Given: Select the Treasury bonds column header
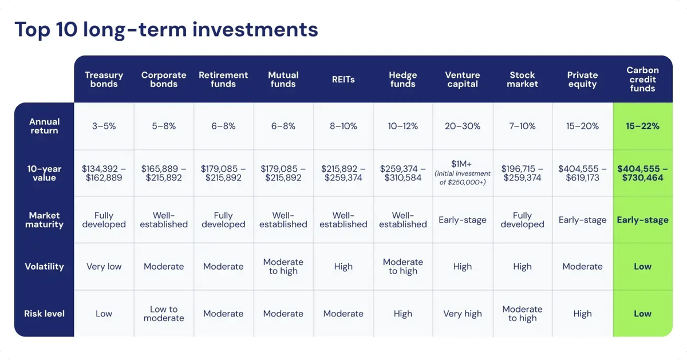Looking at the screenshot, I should [104, 80].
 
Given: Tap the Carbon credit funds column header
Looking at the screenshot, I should [642, 80].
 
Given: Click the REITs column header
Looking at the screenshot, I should [343, 80].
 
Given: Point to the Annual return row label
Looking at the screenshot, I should [44, 126].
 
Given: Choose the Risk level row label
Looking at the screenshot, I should [44, 314].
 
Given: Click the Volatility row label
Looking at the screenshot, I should [44, 267].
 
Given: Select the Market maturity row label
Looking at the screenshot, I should [44, 220].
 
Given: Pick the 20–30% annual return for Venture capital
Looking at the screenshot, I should [462, 126].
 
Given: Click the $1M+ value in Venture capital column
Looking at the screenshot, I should [462, 164].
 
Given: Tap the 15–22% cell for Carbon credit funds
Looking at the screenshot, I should [642, 126].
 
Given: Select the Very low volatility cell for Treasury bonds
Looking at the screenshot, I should [104, 267].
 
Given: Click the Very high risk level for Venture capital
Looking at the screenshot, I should [462, 314].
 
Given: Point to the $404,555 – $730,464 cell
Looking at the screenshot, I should [642, 173].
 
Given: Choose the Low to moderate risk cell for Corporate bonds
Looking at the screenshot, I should [164, 314].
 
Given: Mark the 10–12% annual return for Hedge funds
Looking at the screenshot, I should [402, 126].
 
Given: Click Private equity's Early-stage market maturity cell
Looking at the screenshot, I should [582, 220].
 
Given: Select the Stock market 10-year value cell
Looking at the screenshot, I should [522, 173].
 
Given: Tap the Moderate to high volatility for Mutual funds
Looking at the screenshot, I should [283, 267].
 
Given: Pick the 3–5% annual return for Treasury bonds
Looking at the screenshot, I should [104, 126].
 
